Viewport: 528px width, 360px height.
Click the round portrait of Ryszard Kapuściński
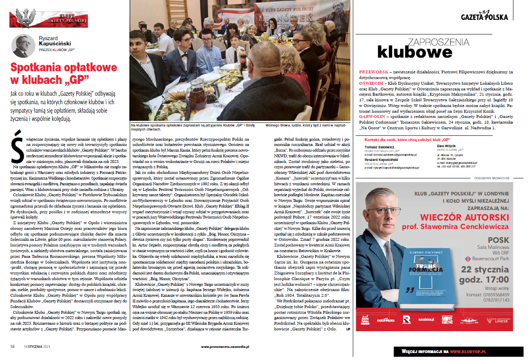point(23,46)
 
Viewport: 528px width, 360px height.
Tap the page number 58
point(13,347)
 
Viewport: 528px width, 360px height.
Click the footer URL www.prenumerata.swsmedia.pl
point(225,347)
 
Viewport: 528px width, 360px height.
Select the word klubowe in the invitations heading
point(414,52)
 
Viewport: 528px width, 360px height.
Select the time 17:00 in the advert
point(494,279)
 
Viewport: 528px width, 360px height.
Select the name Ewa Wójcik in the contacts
point(446,146)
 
